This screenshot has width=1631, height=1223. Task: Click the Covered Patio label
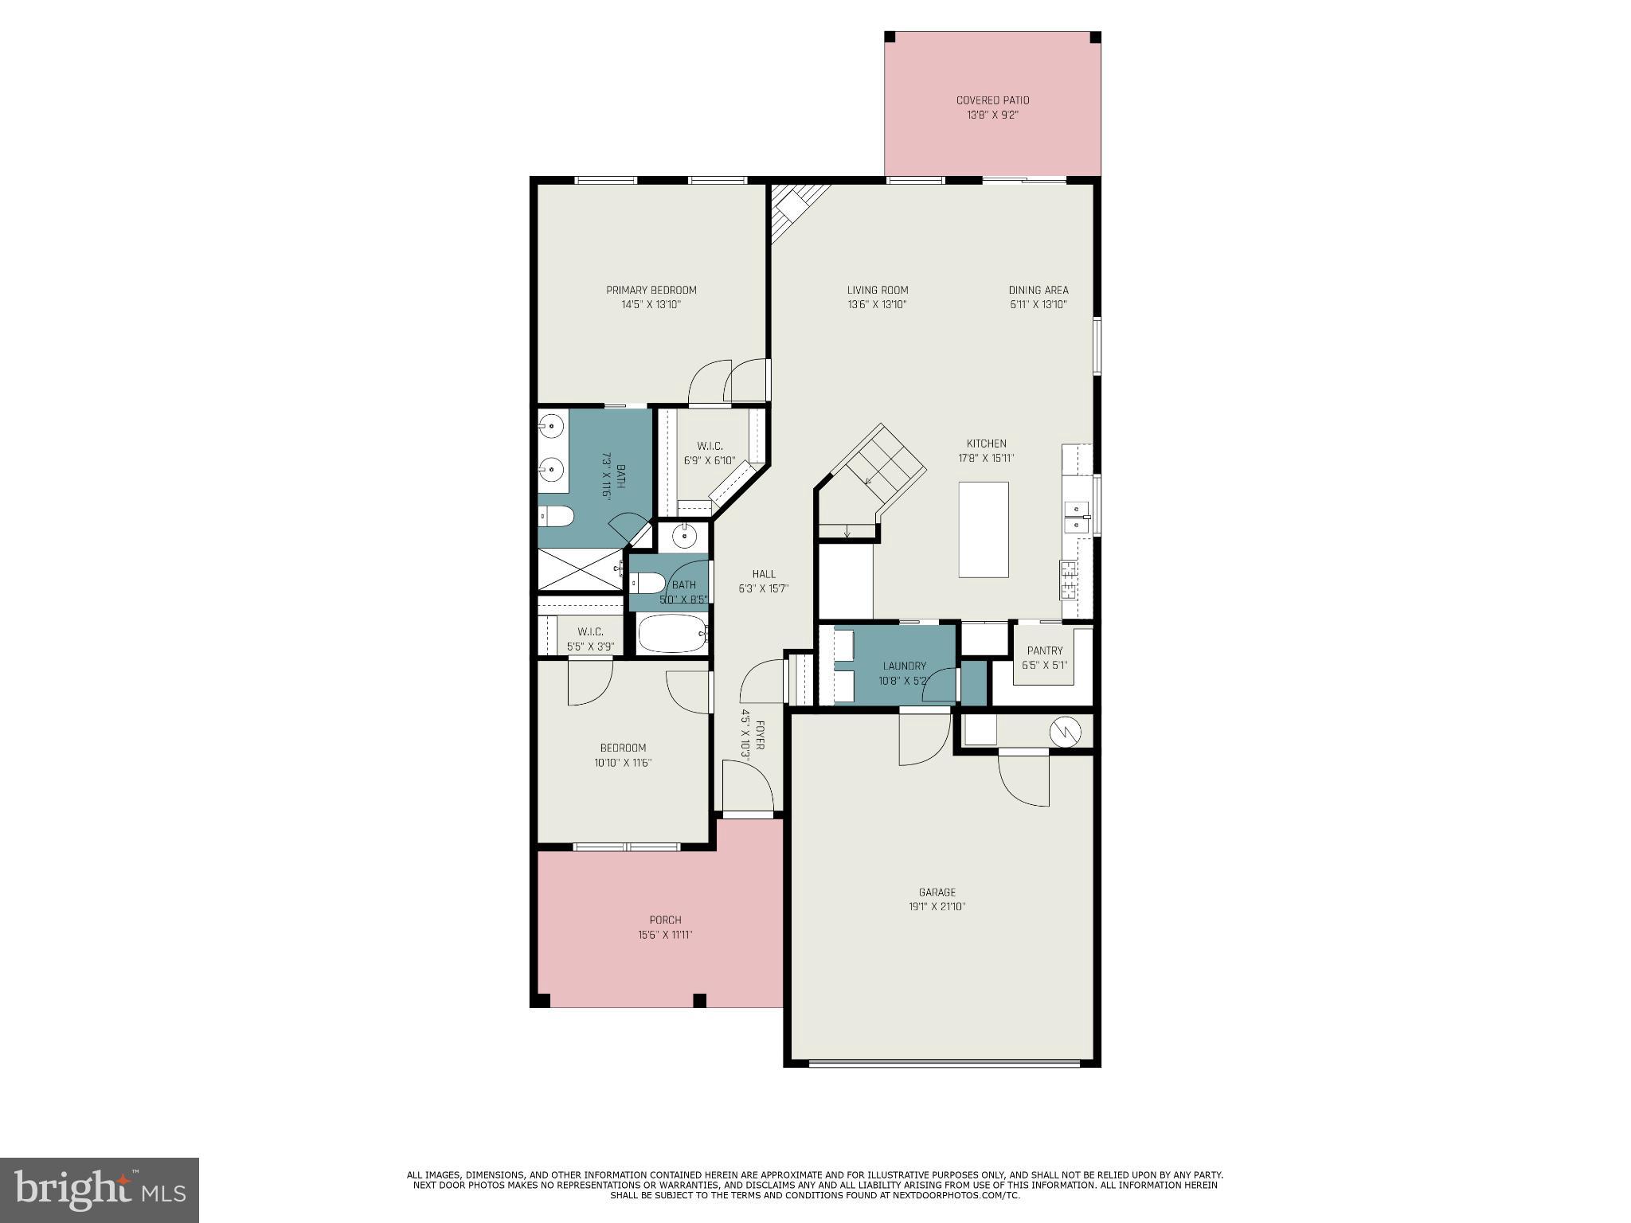coord(992,100)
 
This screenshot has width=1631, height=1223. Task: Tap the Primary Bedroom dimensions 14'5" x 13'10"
coord(651,305)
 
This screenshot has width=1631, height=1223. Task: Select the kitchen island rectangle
coord(983,529)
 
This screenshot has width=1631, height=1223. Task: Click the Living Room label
coord(877,291)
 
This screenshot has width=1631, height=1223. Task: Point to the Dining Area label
coord(1038,291)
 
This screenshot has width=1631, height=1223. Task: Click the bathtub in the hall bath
coord(672,634)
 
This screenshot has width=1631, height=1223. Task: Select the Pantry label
coord(1044,651)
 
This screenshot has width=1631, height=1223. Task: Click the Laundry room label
coord(904,666)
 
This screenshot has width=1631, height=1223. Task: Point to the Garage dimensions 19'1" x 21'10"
coord(937,907)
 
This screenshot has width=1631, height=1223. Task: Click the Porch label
coord(665,920)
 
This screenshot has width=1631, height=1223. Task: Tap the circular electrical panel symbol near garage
coord(1064,732)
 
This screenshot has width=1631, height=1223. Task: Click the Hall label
coord(763,574)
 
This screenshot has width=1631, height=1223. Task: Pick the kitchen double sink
coord(1077,516)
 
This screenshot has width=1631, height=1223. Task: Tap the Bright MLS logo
coord(100,1190)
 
